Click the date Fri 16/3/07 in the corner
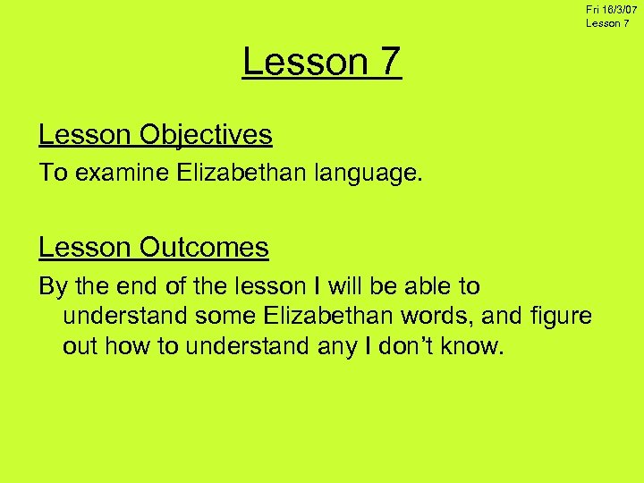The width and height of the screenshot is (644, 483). pos(612,9)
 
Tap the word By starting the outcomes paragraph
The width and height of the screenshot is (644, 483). pos(52,287)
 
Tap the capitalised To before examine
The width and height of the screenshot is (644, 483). pos(53,174)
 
